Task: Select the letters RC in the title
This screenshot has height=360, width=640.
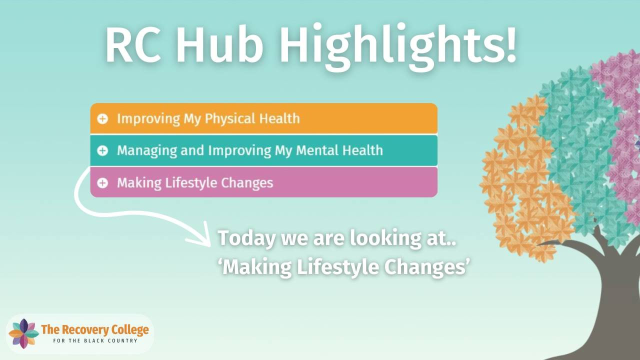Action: [x=133, y=45]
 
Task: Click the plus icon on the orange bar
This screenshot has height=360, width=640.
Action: [x=102, y=118]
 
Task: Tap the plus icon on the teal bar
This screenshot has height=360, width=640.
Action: [x=102, y=150]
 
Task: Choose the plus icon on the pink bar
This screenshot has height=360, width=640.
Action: [x=102, y=183]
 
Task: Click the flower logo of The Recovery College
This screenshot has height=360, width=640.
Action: [x=23, y=333]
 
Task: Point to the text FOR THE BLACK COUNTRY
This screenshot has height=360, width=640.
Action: [x=95, y=341]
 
